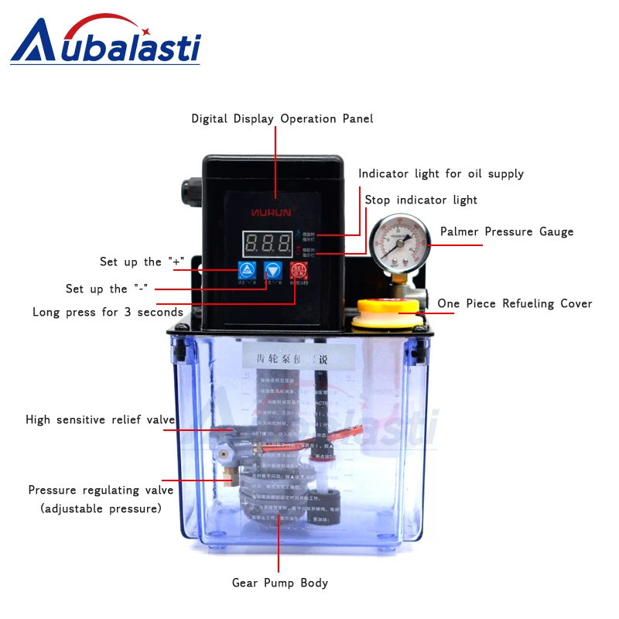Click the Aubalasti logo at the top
coord(105,43)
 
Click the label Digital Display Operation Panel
coord(282,119)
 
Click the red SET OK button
coord(299,271)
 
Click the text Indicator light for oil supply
coord(441,174)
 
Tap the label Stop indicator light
coord(421,200)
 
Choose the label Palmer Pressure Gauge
coord(507,232)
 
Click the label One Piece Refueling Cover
coord(515,304)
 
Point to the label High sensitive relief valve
coord(101,420)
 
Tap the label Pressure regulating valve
coord(101,491)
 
